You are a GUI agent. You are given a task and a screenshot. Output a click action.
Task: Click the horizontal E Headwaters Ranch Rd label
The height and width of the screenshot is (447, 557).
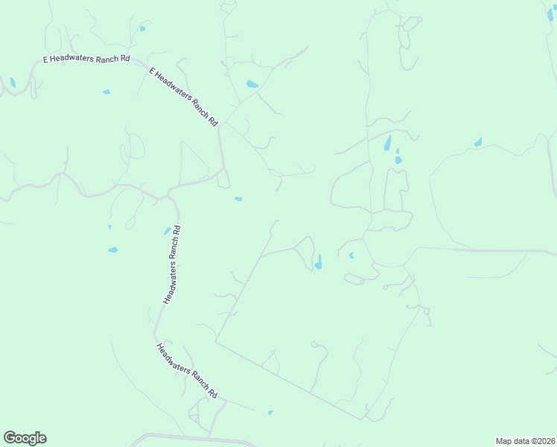[86, 57]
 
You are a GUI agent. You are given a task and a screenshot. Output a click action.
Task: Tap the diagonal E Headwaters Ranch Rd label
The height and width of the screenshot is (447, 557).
[183, 98]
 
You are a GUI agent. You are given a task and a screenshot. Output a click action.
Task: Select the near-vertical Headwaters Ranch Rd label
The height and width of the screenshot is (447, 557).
[171, 264]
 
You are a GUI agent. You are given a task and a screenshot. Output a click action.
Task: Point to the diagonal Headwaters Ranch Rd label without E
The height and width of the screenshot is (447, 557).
[186, 370]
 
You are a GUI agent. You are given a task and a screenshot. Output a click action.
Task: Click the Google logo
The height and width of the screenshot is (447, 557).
[25, 438]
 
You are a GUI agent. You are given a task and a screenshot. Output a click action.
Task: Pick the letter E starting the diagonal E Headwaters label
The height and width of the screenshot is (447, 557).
[152, 72]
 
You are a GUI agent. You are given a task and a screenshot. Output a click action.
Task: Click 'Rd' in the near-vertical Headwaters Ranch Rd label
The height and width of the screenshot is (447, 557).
[176, 230]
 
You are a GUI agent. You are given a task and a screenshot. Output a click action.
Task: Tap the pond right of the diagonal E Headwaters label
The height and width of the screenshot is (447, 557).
[252, 84]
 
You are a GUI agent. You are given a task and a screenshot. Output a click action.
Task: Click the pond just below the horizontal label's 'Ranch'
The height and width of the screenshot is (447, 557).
[106, 92]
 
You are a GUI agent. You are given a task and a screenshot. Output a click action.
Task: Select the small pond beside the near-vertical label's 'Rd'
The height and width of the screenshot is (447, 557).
[167, 232]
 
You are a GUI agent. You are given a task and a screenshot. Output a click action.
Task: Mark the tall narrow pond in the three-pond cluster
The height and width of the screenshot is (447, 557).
[387, 143]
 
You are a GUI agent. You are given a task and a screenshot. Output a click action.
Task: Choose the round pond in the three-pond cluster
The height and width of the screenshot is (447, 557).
[398, 159]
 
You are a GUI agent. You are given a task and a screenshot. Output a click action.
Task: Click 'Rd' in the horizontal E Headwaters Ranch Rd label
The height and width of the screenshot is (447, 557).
[124, 57]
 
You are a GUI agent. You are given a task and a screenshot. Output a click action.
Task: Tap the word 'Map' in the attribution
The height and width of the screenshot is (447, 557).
[504, 441]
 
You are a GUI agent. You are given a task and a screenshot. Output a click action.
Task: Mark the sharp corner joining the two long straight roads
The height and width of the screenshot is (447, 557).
[216, 343]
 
